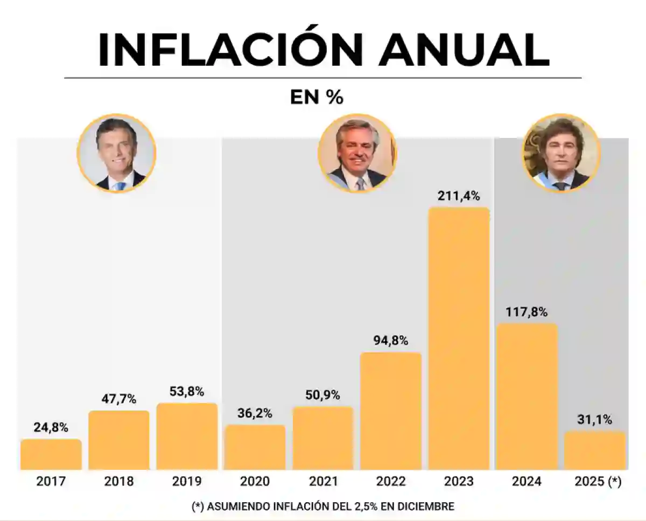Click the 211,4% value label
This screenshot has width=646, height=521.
[459, 196]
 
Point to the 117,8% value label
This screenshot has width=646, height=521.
[526, 312]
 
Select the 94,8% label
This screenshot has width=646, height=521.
[391, 341]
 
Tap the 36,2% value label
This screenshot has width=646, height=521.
[255, 413]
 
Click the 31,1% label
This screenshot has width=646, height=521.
[594, 420]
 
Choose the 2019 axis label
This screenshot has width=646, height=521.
[187, 481]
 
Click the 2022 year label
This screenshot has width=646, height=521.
[391, 481]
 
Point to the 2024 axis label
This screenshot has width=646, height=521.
[526, 481]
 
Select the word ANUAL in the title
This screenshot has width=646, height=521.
[464, 50]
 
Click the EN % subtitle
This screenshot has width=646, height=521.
[317, 98]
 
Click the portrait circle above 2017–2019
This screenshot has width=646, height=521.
[117, 153]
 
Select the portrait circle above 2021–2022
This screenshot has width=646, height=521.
[357, 153]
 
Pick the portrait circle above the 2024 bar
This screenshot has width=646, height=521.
[561, 153]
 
